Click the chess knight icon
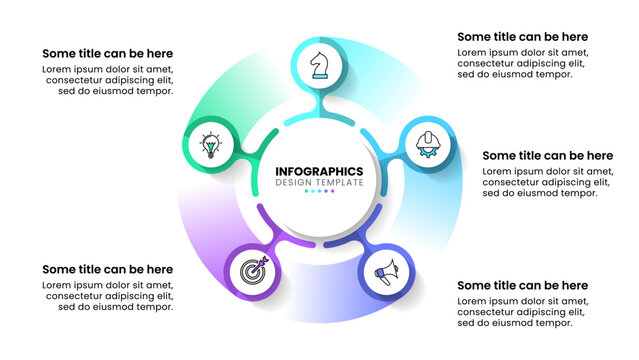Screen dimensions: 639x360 [x=320, y=65]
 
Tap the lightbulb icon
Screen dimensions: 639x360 [x=210, y=146]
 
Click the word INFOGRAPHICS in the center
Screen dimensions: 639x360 [x=319, y=171]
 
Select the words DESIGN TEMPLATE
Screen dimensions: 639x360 [x=319, y=183]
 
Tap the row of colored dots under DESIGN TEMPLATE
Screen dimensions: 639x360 [x=319, y=193]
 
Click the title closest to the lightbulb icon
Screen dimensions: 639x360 [x=108, y=53]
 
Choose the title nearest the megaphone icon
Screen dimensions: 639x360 [x=522, y=285]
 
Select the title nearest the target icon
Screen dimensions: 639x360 [x=108, y=269]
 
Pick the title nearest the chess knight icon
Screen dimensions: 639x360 [x=522, y=37]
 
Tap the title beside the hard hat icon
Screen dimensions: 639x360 [x=547, y=155]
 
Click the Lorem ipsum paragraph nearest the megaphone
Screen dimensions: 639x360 [x=522, y=311]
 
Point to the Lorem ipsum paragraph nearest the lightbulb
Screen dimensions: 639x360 [x=108, y=79]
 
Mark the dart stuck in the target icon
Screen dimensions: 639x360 [x=257, y=265]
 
